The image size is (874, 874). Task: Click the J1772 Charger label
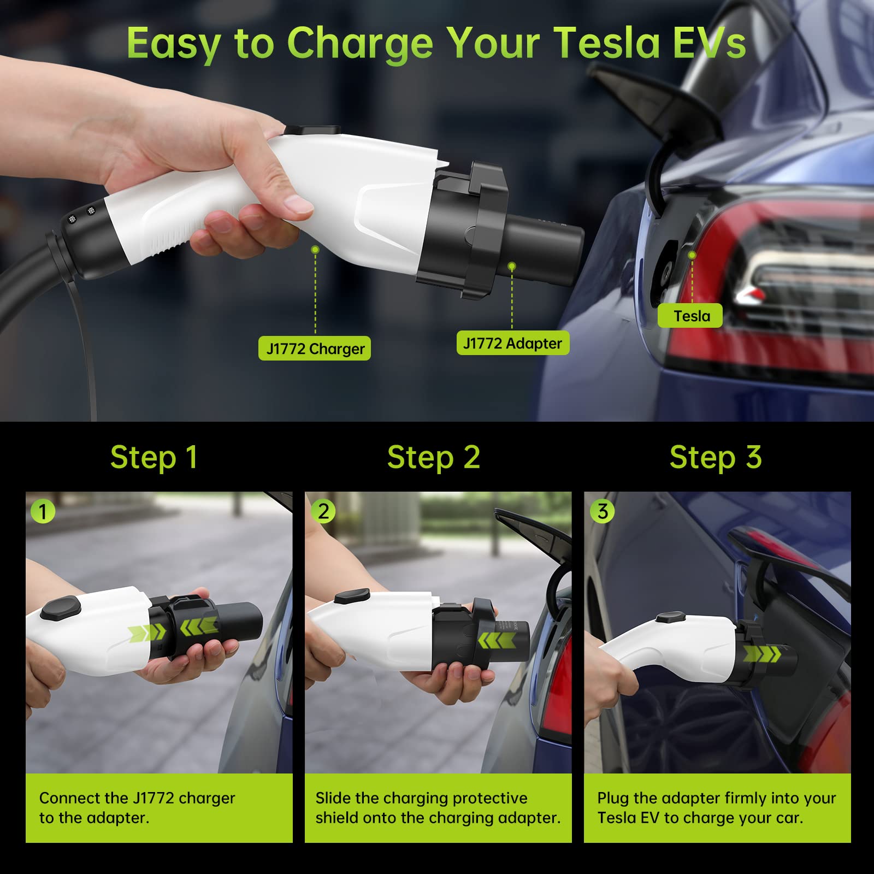click(315, 349)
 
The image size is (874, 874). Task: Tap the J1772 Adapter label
click(512, 343)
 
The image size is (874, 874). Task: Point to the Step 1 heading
click(153, 457)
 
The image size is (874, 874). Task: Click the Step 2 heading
click(434, 457)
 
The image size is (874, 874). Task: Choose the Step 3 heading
click(716, 457)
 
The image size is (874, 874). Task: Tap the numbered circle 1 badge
click(43, 512)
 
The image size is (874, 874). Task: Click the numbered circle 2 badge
click(323, 512)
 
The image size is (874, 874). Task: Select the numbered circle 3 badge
click(603, 512)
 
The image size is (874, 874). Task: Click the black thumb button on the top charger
click(312, 130)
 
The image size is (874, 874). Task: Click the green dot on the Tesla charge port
click(692, 255)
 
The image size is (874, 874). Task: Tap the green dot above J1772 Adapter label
click(512, 266)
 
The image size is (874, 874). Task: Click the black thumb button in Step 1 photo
click(61, 608)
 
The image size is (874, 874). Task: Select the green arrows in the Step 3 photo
click(763, 653)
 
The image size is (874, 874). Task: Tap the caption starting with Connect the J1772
click(137, 807)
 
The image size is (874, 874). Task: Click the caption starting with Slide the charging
click(438, 807)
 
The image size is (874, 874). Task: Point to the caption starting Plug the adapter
click(716, 807)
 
